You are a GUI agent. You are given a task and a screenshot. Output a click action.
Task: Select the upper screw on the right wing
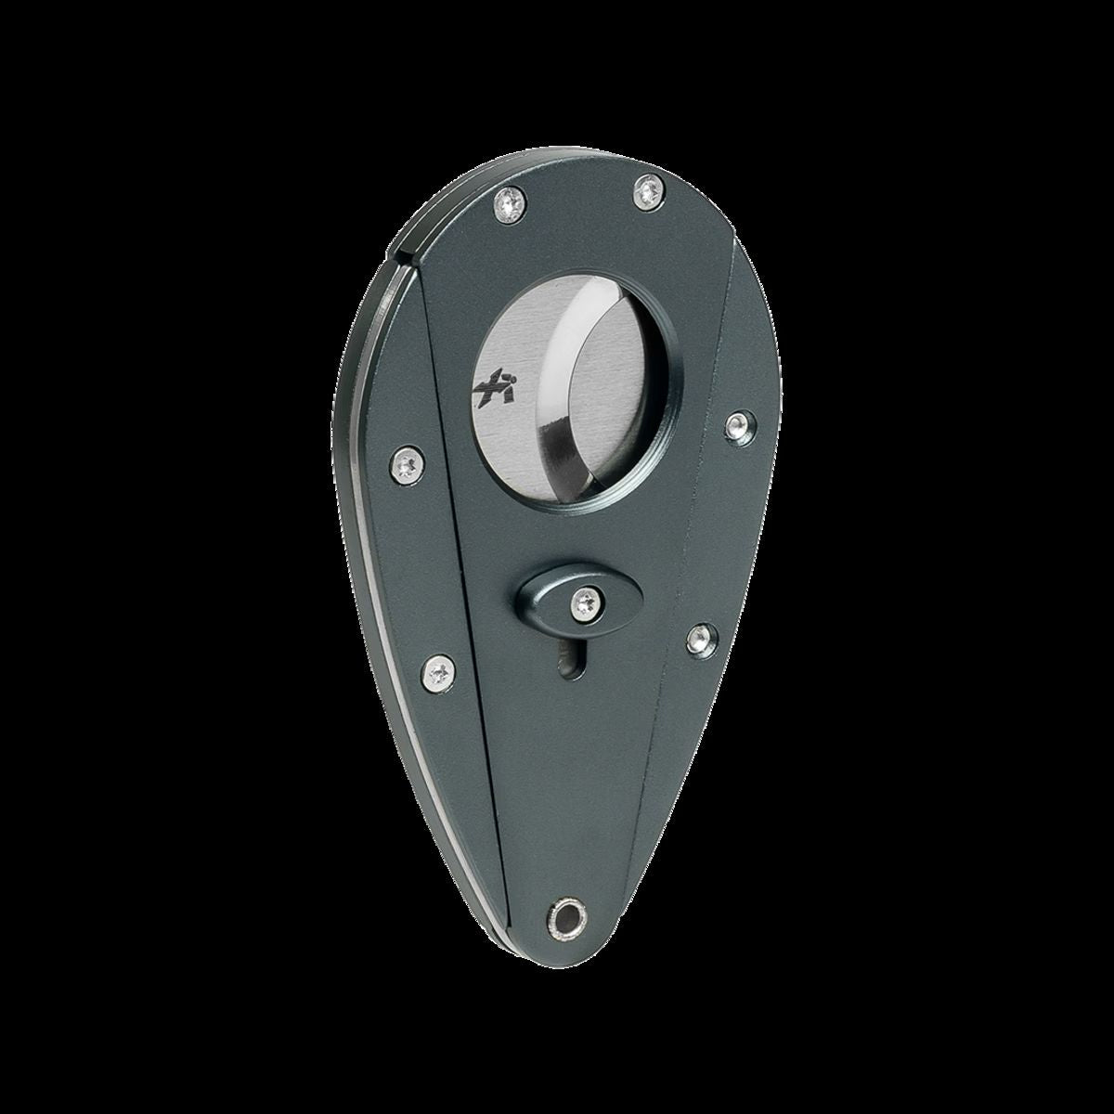pos(738,423)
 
